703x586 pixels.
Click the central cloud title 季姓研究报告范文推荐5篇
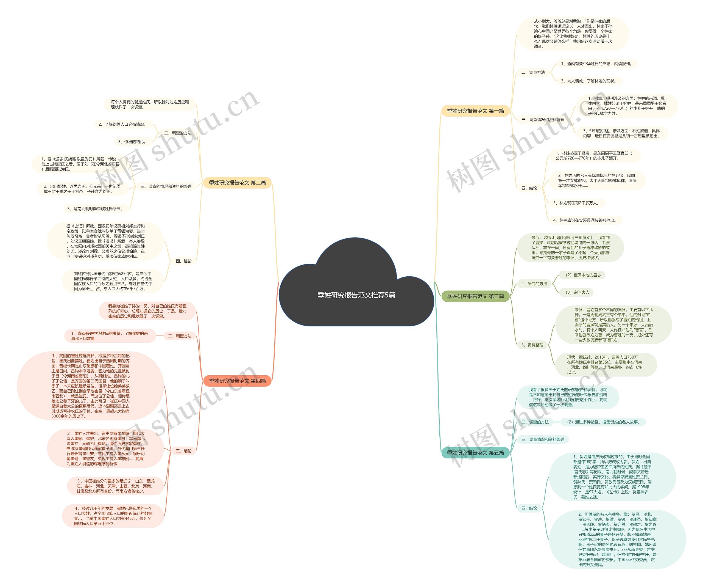click(x=356, y=295)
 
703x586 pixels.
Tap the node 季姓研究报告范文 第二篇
click(x=237, y=183)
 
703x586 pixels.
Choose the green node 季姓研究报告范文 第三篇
click(x=475, y=296)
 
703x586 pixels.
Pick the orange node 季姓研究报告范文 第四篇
click(x=237, y=381)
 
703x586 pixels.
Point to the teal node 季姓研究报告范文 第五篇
click(x=475, y=453)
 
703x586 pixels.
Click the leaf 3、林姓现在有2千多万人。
click(x=576, y=203)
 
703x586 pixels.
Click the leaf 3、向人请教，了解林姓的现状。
click(x=588, y=81)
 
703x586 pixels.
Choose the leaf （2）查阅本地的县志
click(x=582, y=275)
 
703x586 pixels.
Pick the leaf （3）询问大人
click(x=576, y=292)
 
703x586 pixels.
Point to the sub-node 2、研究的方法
click(x=534, y=284)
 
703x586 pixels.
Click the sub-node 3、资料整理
click(x=532, y=345)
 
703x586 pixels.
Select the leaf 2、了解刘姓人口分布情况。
click(x=122, y=124)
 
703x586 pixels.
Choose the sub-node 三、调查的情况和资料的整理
click(x=166, y=186)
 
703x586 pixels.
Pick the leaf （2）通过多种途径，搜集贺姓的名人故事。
click(x=602, y=422)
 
